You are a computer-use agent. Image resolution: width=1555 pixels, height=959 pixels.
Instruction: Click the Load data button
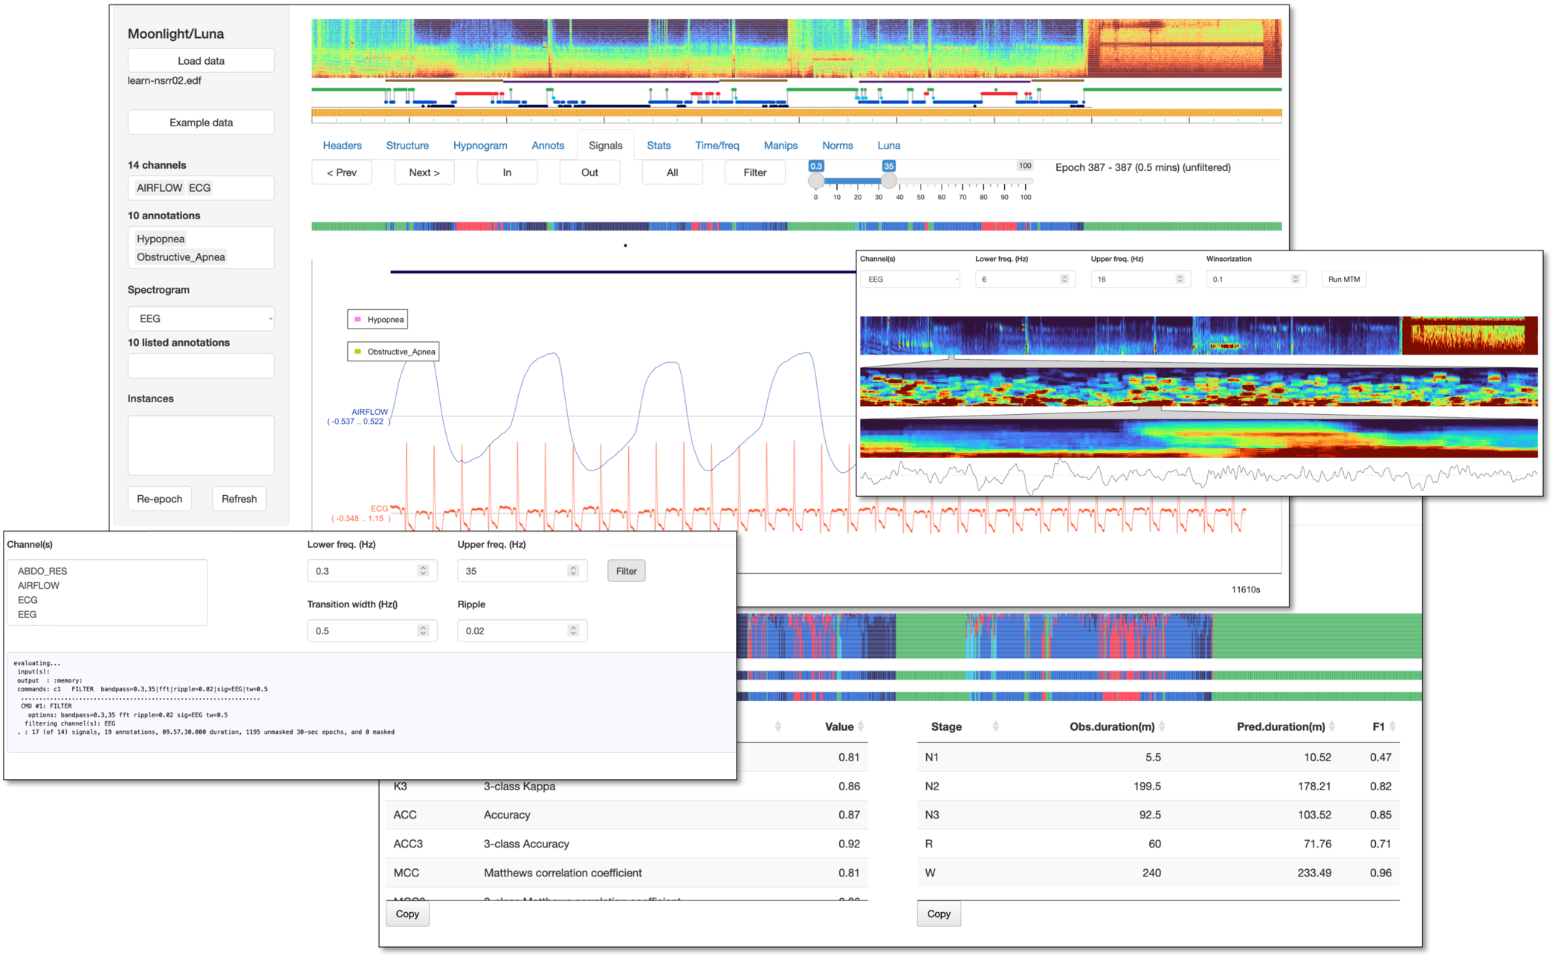coord(201,61)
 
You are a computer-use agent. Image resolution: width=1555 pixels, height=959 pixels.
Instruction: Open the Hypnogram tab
coord(480,146)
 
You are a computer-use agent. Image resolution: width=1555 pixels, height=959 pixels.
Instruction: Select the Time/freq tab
coord(717,146)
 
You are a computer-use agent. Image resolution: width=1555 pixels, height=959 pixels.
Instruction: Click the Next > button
coord(424,172)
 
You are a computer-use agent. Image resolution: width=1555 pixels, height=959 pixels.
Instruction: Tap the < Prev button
coord(341,172)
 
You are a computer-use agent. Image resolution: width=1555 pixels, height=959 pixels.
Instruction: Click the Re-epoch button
coord(159,499)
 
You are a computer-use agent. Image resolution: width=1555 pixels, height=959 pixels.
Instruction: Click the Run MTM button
coord(1343,280)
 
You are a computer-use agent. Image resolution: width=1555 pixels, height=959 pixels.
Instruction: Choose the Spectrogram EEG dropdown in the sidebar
coord(201,319)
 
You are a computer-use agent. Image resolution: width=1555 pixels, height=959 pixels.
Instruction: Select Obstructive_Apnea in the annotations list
coord(181,257)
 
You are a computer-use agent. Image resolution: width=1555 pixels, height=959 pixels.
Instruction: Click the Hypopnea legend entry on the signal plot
coord(378,320)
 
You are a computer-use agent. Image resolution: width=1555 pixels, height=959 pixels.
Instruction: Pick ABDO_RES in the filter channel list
coord(42,571)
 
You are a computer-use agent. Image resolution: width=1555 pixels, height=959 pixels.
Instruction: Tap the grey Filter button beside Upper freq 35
coord(626,571)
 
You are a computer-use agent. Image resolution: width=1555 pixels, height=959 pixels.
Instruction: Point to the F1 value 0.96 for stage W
coord(1380,873)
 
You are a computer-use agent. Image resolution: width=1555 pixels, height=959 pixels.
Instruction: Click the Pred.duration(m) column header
coord(1280,727)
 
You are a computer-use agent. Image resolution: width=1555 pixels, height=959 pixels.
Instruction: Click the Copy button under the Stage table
coord(938,914)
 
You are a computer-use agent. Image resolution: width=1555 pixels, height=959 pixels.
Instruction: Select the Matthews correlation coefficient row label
coord(563,873)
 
